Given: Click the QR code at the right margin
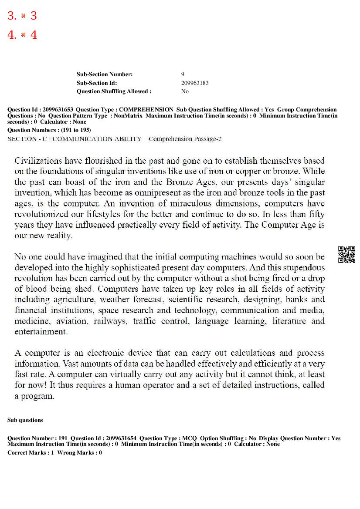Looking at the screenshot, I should (346, 255).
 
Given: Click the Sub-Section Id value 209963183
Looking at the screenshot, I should (195, 83).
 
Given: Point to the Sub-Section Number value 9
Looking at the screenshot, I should (183, 74).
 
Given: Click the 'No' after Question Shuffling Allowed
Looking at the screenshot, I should (185, 91).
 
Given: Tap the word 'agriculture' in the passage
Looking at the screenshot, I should (74, 300).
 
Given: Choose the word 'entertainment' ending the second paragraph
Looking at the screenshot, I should (41, 332).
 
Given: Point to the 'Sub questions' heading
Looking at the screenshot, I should (25, 420).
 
